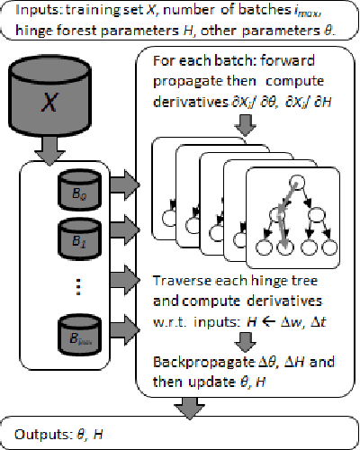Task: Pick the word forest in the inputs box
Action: pos(90,30)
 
